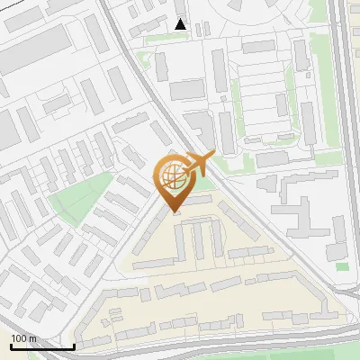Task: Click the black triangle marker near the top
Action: coord(182,24)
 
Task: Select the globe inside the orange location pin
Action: coord(174,175)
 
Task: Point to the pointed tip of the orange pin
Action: coord(175,212)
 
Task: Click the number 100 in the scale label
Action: coord(18,338)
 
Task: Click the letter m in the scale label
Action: coord(31,338)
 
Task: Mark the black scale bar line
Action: coord(42,346)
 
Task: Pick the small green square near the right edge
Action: coord(342,266)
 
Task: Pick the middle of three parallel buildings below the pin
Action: coord(199,243)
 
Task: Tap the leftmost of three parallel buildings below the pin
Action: coord(183,243)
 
